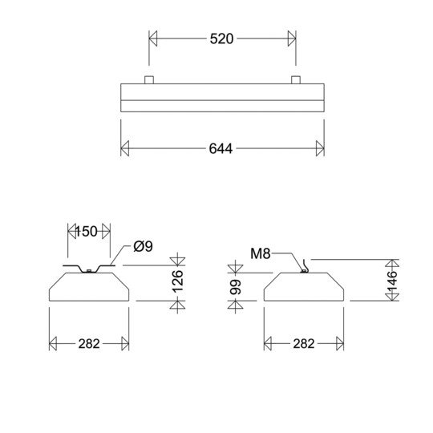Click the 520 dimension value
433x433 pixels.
tap(221, 39)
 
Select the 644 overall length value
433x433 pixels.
tap(221, 149)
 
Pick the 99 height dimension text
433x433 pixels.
tap(236, 286)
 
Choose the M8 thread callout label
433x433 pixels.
tap(261, 254)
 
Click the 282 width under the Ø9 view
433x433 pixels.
tap(89, 344)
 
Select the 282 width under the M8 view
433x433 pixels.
tap(303, 344)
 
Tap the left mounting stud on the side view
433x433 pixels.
tap(148, 79)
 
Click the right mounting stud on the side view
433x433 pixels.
tap(296, 79)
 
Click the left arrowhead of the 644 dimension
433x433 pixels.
tap(125, 149)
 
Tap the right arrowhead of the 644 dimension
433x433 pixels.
tap(319, 149)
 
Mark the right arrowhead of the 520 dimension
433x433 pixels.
tap(290, 39)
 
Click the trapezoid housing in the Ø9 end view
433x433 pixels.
tap(89, 287)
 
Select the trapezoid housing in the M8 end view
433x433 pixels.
tap(303, 287)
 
